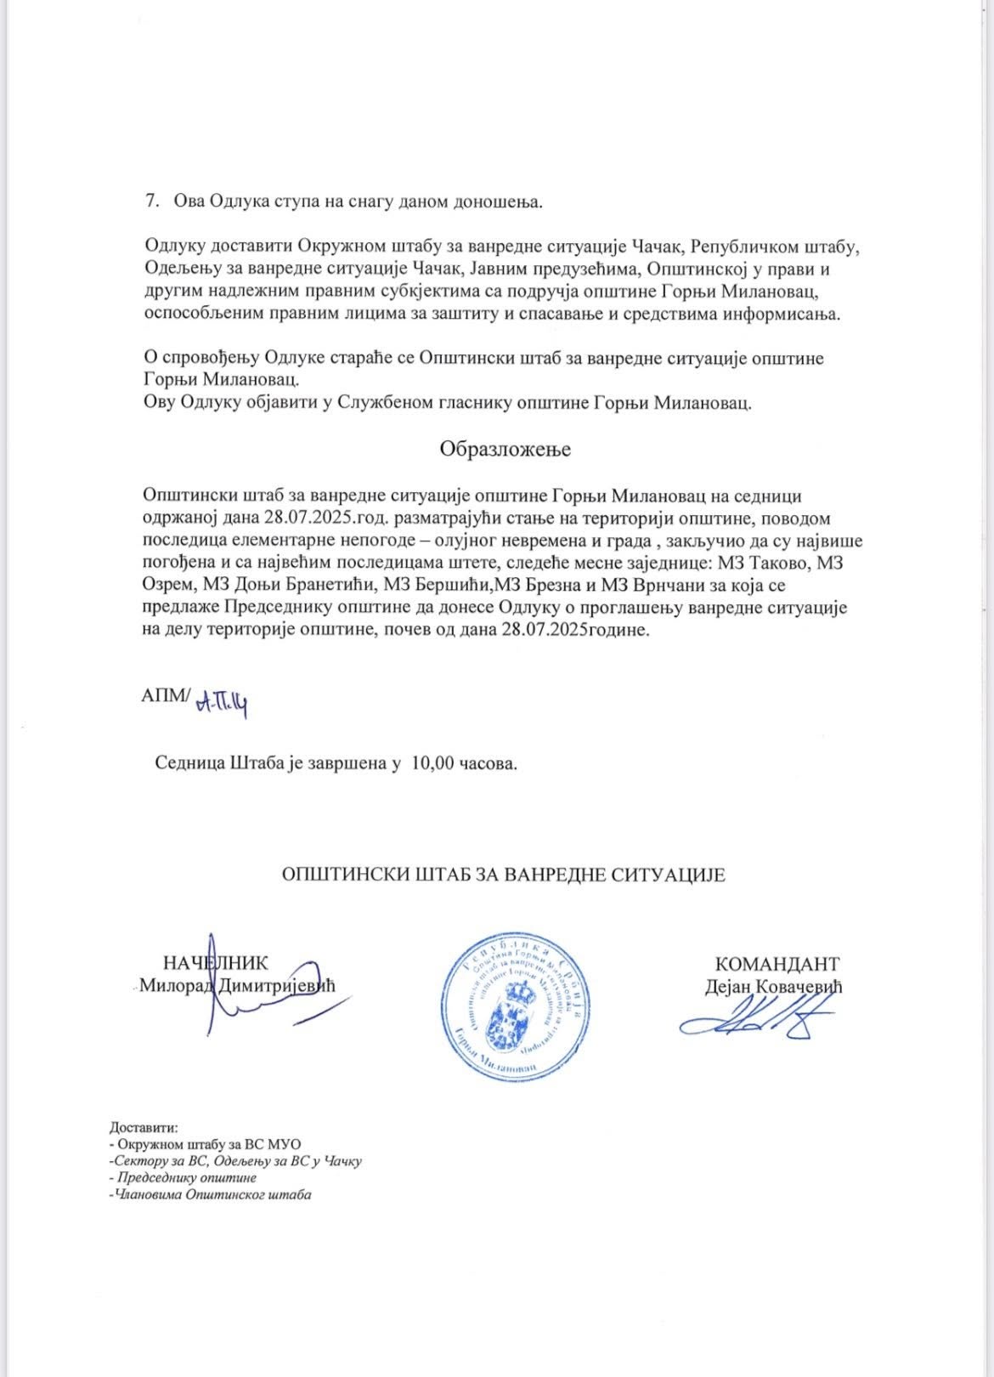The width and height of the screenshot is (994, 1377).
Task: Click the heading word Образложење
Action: pos(505,450)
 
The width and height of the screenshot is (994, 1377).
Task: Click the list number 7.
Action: pos(152,201)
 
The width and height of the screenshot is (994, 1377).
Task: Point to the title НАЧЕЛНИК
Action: pos(215,963)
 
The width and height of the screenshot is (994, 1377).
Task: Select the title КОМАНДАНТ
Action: pos(777,964)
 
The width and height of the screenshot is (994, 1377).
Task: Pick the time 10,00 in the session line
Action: pos(432,763)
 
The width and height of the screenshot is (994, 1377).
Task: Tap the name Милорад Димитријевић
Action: pos(238,986)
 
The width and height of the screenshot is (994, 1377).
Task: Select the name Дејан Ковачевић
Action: pos(773,987)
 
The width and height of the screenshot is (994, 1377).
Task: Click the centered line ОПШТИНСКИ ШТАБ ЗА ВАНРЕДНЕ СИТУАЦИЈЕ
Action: pos(504,875)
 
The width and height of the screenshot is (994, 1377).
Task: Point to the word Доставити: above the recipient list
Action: pos(144,1128)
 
